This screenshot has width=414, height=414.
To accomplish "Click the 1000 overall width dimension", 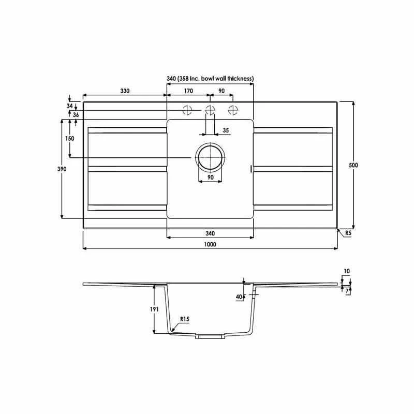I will (x=210, y=244).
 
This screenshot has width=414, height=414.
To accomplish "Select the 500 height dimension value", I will (x=353, y=165).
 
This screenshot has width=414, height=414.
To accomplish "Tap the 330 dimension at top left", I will (x=125, y=91).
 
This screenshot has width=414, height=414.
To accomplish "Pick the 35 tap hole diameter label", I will (x=226, y=130).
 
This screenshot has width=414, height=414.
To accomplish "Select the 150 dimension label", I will (x=70, y=138).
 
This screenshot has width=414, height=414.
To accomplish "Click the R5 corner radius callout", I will (x=348, y=234).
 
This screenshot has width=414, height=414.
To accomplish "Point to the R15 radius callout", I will (x=185, y=319).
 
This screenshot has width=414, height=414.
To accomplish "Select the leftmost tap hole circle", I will (x=186, y=110).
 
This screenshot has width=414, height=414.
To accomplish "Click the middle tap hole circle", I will (x=210, y=110).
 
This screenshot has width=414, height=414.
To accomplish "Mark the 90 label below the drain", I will (x=211, y=178).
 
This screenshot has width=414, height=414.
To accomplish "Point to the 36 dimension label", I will (x=76, y=114).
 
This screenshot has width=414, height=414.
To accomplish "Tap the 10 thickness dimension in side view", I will (x=346, y=271).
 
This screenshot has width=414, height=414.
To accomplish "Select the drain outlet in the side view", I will (x=210, y=336).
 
